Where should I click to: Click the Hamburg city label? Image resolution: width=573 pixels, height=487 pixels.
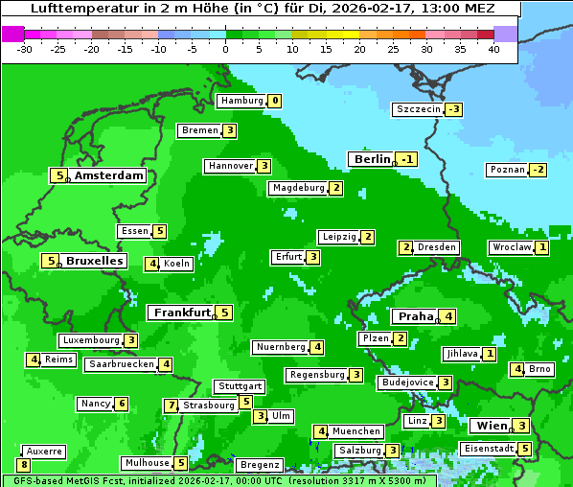[241, 101]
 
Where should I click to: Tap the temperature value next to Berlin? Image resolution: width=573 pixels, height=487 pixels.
[408, 159]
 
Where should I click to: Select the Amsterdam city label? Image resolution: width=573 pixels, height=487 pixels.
[108, 175]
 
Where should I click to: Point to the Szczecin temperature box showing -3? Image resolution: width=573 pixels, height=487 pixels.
[453, 109]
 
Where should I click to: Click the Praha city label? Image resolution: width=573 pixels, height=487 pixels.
[416, 316]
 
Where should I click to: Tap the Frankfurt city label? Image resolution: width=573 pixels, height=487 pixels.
[181, 313]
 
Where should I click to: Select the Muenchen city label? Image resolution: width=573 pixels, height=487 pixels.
[355, 431]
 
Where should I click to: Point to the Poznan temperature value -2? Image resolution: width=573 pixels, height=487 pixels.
[539, 170]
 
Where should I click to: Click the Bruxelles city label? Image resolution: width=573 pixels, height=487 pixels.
[94, 261]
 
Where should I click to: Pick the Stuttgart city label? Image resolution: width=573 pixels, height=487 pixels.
[240, 386]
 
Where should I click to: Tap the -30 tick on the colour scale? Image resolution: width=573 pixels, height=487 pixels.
[25, 48]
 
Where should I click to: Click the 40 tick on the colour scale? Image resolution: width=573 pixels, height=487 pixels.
[493, 48]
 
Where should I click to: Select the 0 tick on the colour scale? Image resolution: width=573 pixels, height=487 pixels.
[226, 48]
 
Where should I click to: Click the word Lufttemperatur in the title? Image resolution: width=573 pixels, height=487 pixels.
[75, 9]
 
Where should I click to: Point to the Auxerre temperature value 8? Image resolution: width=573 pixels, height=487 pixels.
[23, 465]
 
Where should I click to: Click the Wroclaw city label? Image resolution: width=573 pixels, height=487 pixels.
[511, 247]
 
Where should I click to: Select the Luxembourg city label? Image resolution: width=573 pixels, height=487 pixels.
[91, 340]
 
